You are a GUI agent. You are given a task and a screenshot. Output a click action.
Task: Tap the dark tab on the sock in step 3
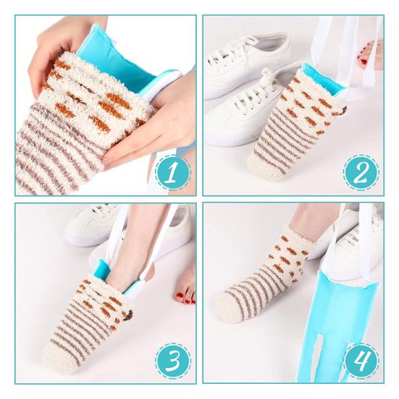130,314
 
